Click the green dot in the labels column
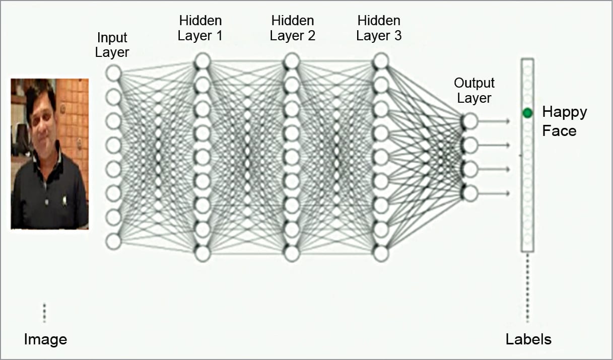tap(527, 113)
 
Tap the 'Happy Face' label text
tap(564, 121)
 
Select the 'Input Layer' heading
tap(112, 45)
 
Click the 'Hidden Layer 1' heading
tap(200, 28)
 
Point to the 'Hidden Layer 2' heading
tap(292, 28)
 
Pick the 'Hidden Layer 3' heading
tap(379, 28)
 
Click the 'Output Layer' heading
tap(474, 90)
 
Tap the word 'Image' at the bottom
tap(45, 339)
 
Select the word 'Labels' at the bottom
tap(528, 339)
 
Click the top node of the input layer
tap(113, 73)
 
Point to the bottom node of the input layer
tap(113, 241)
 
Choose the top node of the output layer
tap(470, 121)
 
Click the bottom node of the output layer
tap(470, 193)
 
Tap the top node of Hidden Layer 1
tap(202, 61)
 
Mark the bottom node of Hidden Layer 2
tap(292, 253)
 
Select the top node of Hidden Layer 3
tap(381, 61)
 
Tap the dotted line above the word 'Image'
tap(44, 313)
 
